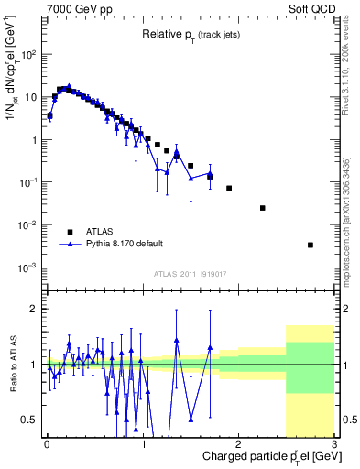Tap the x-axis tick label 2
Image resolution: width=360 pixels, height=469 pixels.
click(x=239, y=444)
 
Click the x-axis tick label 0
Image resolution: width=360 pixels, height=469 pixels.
click(x=47, y=444)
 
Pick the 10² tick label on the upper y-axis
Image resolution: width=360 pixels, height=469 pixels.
click(x=30, y=54)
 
